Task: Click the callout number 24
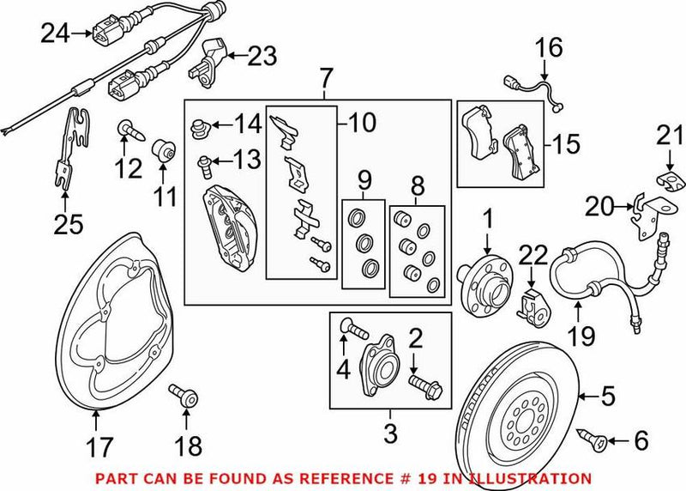(x=56, y=33)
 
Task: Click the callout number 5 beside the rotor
(x=608, y=397)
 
